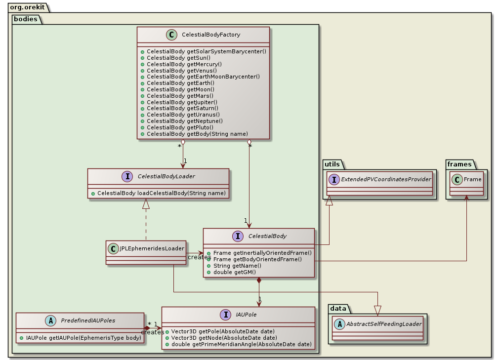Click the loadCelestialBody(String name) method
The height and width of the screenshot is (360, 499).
(x=162, y=193)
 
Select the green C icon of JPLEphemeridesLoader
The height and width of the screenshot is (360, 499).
(x=114, y=248)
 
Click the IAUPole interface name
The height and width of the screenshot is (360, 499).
(x=246, y=315)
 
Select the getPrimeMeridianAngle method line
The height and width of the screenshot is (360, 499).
(x=241, y=344)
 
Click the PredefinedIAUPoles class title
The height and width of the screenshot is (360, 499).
(x=89, y=320)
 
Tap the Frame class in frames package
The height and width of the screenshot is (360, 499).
(x=472, y=179)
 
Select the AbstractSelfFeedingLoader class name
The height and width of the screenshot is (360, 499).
(x=383, y=324)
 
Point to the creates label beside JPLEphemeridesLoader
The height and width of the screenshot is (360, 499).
(x=199, y=257)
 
